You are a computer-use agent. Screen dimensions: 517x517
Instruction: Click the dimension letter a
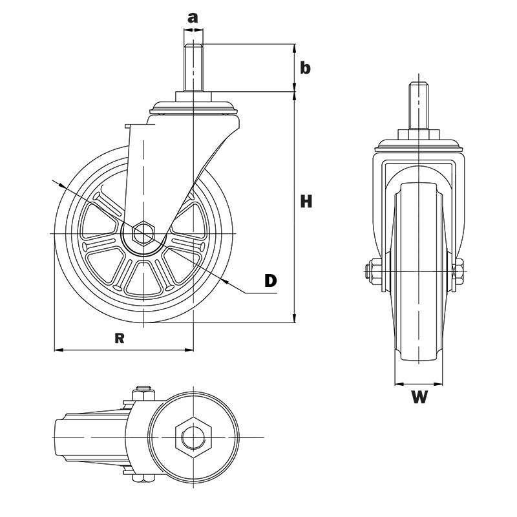[x=193, y=17]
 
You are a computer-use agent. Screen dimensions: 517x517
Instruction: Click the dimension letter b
[x=306, y=68]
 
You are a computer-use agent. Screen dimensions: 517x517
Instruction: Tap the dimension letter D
[x=271, y=280]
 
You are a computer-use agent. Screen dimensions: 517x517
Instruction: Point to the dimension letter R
[x=119, y=336]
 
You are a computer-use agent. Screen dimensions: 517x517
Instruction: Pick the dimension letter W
[x=420, y=397]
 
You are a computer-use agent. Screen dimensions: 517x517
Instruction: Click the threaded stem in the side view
[x=193, y=68]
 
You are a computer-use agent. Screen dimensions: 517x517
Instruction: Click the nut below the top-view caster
[x=143, y=479]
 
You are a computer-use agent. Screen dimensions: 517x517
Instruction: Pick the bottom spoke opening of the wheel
[x=143, y=277]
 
